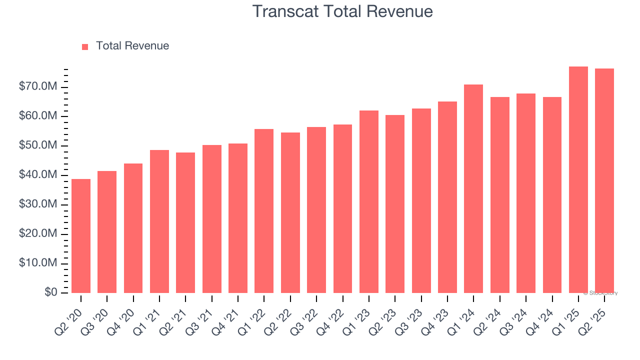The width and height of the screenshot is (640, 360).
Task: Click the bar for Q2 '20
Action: pos(81,236)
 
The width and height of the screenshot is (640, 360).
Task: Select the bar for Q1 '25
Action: pos(578,180)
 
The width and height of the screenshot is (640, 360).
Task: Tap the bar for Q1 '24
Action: pos(473,189)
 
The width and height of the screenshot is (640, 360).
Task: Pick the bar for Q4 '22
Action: pos(342,209)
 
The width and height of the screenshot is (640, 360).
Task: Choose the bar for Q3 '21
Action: pos(212,219)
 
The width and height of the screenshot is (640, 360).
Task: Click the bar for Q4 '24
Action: pos(552,195)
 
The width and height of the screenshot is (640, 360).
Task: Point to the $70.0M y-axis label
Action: pos(38,87)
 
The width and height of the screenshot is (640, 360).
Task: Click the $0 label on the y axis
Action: pos(50,292)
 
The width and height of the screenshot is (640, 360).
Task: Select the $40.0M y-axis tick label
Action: pos(38,175)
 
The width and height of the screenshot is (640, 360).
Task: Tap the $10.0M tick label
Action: pos(38,263)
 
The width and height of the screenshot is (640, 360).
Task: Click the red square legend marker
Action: pos(85,46)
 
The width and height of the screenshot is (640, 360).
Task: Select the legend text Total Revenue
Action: pos(132,46)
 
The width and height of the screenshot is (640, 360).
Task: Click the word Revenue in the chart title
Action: pos(401,11)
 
